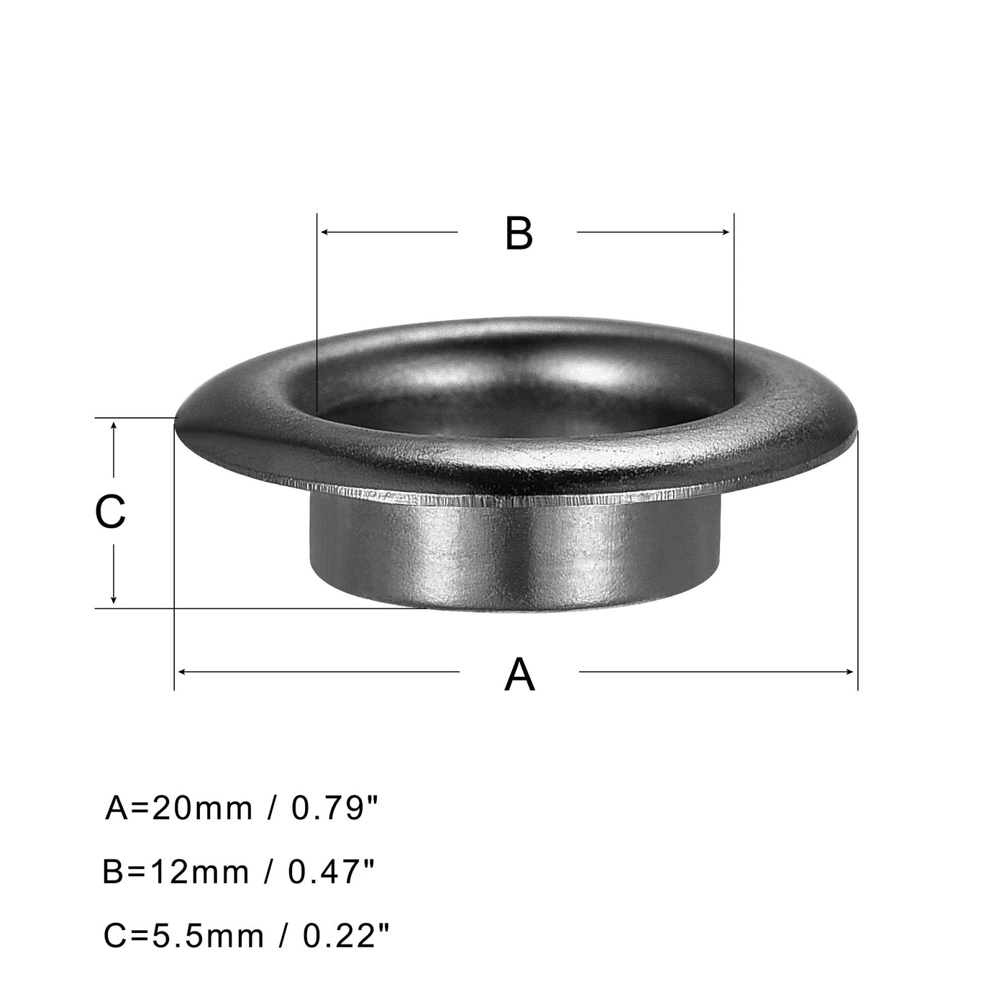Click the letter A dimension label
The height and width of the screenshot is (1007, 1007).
point(519,675)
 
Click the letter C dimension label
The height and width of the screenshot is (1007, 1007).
point(111,512)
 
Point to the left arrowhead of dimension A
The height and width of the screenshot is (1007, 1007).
point(181,671)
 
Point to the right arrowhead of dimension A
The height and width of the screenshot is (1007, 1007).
point(851,671)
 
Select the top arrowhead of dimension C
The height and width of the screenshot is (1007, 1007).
point(114,427)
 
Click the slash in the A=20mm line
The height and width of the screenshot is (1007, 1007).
point(272,808)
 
